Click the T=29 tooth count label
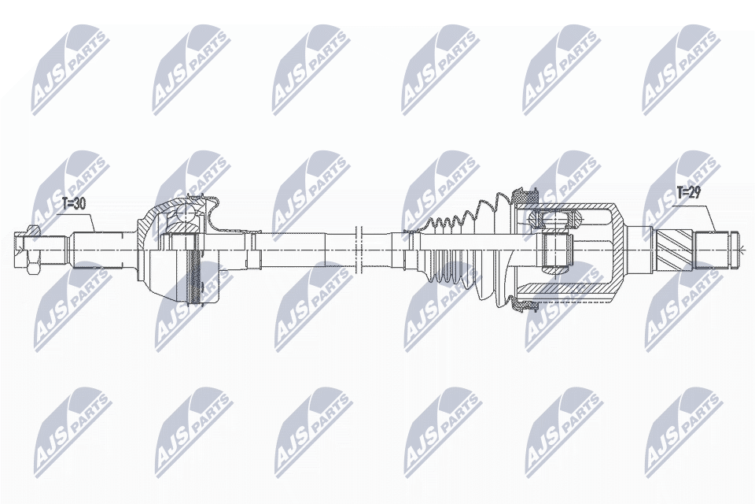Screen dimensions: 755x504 pyautogui.click(x=689, y=194)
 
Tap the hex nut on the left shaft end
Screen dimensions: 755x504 pyautogui.click(x=33, y=250)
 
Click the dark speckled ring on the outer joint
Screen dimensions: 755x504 pyautogui.click(x=195, y=269)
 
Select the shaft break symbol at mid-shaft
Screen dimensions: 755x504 pyautogui.click(x=358, y=250)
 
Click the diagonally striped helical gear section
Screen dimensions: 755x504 pyautogui.click(x=674, y=250)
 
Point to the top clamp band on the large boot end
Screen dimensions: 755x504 pyautogui.click(x=524, y=195)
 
